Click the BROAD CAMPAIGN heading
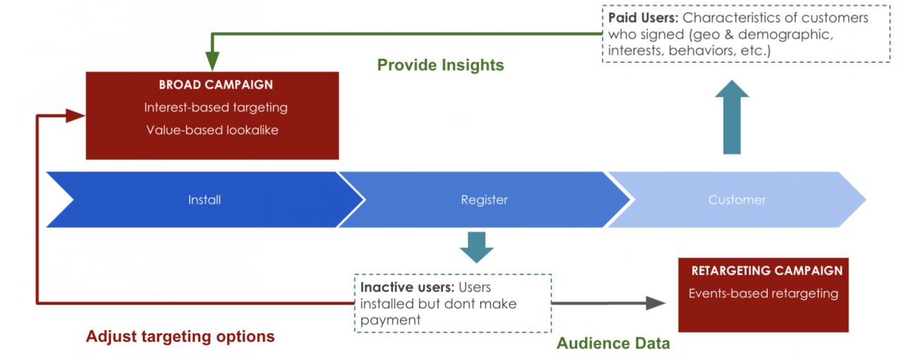tap(216, 85)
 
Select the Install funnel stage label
tap(205, 200)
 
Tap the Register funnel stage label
tap(484, 200)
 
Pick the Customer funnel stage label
tap(737, 200)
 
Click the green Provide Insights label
tap(440, 65)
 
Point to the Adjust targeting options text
tap(180, 336)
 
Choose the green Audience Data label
tap(613, 343)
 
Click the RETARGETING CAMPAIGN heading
tap(766, 271)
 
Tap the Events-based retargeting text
tap(764, 294)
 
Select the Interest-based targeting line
tap(216, 108)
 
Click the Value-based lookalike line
tap(212, 130)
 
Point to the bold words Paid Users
tap(643, 18)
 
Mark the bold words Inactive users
tap(407, 288)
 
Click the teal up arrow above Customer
tap(732, 117)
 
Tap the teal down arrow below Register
tap(477, 247)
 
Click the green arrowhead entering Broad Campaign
tap(212, 61)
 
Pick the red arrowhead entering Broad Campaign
tap(75, 116)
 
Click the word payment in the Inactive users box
tap(390, 321)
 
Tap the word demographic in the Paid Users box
tap(785, 35)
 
